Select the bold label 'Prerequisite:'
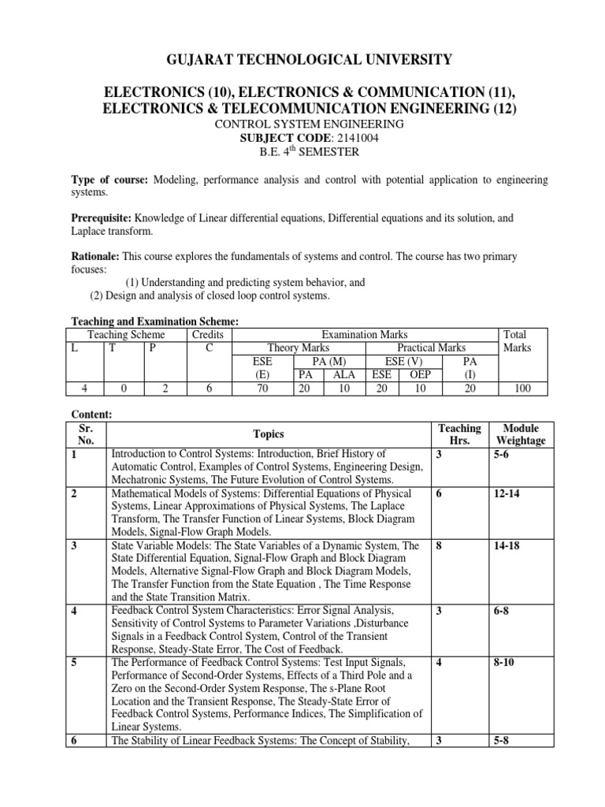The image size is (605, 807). pyautogui.click(x=102, y=218)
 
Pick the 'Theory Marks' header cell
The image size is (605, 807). pyautogui.click(x=299, y=348)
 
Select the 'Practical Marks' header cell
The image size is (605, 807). pyautogui.click(x=430, y=348)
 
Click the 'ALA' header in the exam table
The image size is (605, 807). pyautogui.click(x=344, y=375)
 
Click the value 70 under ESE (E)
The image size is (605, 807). pyautogui.click(x=262, y=389)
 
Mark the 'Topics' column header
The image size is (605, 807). pyautogui.click(x=268, y=434)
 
